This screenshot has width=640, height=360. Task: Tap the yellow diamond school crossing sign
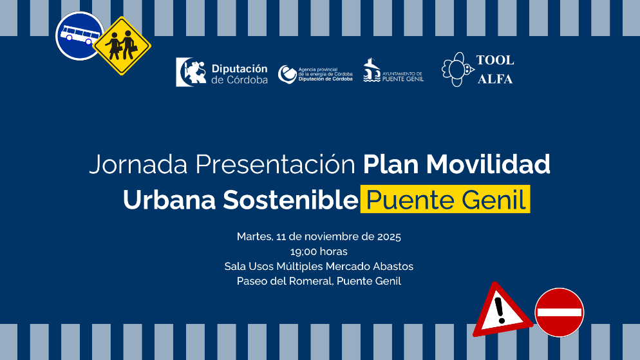tap(122, 46)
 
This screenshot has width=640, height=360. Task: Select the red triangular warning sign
tap(502, 310)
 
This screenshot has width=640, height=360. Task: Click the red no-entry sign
tap(559, 312)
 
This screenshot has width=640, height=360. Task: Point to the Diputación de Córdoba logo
tap(221, 72)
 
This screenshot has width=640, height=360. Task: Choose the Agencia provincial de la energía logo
tap(315, 74)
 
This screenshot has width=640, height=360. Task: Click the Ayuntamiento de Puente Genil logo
tap(393, 70)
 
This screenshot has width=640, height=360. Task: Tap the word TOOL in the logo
tap(494, 60)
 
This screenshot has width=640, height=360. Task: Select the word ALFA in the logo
tap(494, 79)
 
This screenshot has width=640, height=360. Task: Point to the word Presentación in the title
tap(276, 164)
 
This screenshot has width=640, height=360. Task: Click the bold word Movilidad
tap(488, 164)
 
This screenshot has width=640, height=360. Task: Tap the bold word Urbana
tap(169, 200)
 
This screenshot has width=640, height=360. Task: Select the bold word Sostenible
tap(290, 200)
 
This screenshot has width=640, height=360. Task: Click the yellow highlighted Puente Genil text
tap(446, 199)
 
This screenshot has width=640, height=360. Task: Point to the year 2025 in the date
tap(389, 237)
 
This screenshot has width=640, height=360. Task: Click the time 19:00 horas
tap(319, 251)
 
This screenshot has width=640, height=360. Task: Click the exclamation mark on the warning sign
tap(500, 310)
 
